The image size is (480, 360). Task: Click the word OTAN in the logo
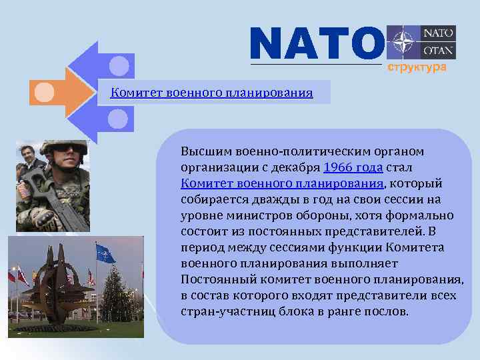439,50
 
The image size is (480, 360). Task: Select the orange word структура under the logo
413,68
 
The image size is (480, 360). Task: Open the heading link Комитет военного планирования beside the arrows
211,93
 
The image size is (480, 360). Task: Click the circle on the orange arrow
44,92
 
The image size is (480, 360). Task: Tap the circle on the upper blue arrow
119,65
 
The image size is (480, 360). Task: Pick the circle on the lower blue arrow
119,119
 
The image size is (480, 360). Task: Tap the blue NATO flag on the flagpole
105,253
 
